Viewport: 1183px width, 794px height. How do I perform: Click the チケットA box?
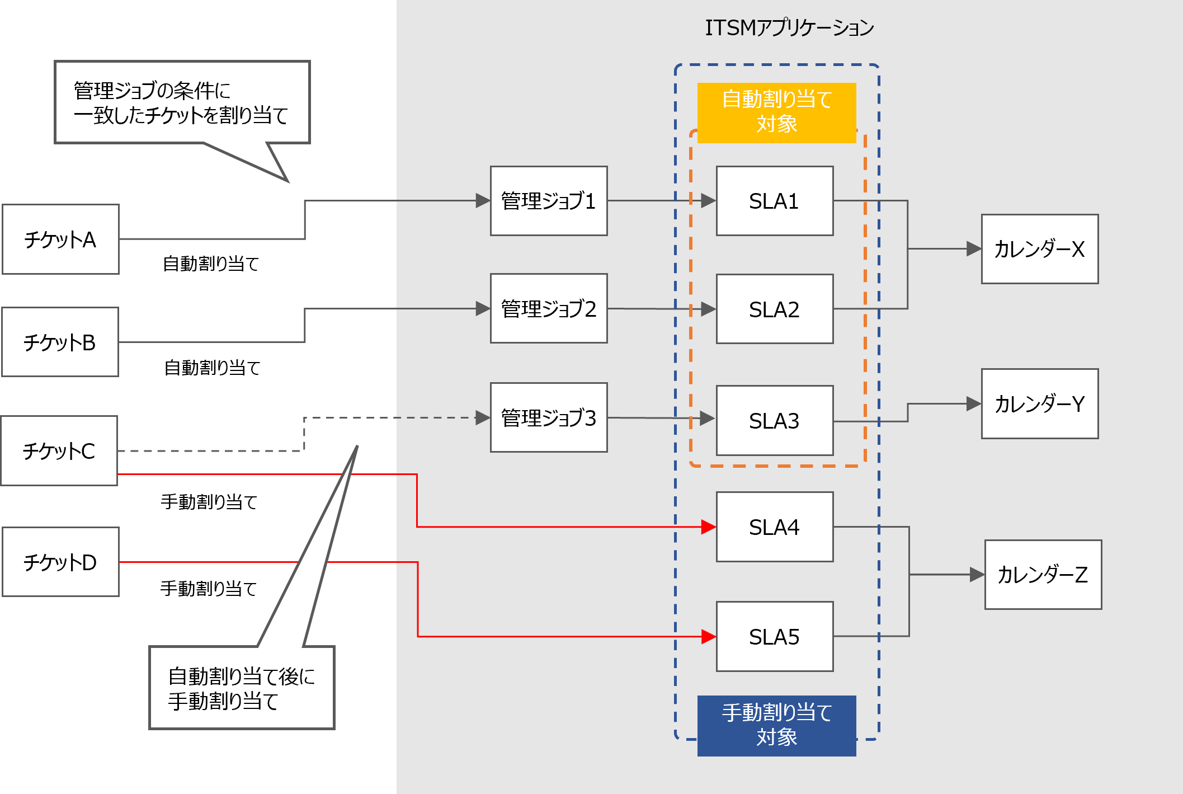coord(60,239)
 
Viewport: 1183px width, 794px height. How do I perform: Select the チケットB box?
coord(60,342)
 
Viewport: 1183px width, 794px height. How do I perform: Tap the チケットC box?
coord(59,450)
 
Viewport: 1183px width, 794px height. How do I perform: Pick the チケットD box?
coord(60,562)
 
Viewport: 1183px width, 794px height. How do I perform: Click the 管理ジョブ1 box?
coord(548,201)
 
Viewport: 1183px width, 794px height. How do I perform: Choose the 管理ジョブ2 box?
coord(548,308)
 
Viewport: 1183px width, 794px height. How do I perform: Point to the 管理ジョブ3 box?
coord(548,417)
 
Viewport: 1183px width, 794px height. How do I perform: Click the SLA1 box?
coord(774,201)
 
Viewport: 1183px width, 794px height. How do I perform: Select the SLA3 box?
coord(774,421)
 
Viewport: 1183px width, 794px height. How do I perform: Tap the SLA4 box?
coord(774,527)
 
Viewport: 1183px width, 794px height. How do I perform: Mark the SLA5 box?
coord(774,637)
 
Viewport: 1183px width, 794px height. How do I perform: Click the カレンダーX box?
coord(1039,249)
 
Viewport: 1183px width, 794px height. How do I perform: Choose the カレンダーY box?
coord(1039,403)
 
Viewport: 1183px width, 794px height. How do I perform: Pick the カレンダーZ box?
coord(1043,575)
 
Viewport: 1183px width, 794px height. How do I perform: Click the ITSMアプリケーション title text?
coord(789,27)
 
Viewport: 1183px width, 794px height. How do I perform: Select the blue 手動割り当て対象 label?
coord(776,725)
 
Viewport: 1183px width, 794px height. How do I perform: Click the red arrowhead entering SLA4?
coord(709,527)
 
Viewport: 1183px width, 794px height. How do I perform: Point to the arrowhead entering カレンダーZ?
coord(977,575)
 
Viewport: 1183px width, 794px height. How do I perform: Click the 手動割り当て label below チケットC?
coord(224,502)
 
